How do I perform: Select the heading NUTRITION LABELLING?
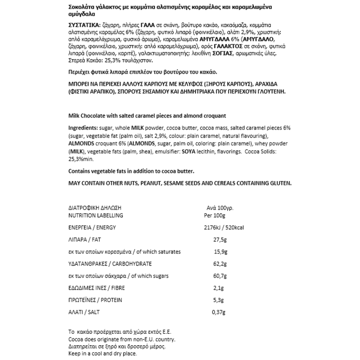point(95,215)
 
